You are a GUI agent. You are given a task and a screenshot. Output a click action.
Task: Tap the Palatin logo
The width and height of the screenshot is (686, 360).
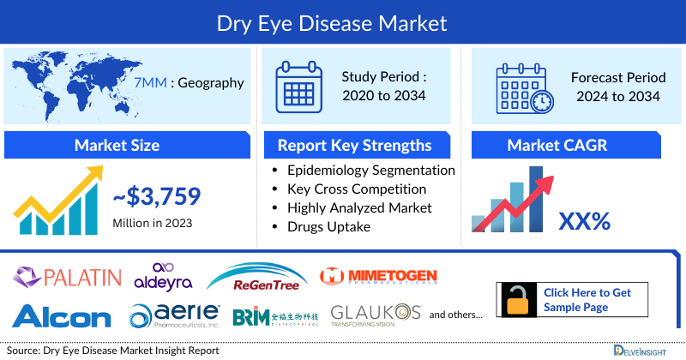click(x=67, y=276)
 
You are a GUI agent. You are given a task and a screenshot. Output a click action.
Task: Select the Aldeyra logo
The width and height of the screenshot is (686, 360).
click(x=163, y=276)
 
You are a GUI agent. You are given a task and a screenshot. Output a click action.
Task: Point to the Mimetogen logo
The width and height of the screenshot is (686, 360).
click(x=378, y=276)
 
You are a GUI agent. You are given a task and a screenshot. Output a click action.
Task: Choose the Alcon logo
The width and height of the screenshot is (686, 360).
click(x=61, y=315)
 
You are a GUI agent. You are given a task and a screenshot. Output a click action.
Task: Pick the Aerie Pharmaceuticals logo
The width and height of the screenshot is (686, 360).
click(x=175, y=315)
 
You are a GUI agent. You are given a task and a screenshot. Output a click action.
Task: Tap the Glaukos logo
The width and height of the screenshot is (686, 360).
click(x=375, y=315)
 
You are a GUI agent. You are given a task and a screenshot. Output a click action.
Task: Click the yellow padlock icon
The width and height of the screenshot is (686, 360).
click(x=516, y=300)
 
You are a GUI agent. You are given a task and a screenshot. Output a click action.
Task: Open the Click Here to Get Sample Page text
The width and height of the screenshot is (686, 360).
click(x=587, y=300)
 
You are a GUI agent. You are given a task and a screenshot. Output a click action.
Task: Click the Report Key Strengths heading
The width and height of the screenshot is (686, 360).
click(x=354, y=145)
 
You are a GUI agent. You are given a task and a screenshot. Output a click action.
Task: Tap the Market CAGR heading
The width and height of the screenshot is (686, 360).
click(x=569, y=145)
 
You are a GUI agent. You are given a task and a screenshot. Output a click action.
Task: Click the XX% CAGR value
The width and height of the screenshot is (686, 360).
click(x=584, y=221)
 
